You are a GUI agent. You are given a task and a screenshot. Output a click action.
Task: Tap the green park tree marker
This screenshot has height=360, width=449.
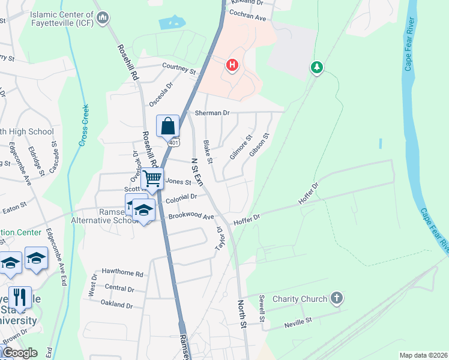click(x=316, y=67)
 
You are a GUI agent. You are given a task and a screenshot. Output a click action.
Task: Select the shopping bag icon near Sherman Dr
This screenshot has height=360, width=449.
click(x=168, y=126)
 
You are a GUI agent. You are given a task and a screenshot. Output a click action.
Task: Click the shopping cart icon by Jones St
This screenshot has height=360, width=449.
click(x=152, y=178)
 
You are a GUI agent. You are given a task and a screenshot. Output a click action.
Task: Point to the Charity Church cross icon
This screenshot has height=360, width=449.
click(x=337, y=298)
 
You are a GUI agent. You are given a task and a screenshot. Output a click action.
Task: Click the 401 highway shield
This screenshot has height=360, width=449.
click(x=173, y=143)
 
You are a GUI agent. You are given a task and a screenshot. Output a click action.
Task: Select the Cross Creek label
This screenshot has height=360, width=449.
click(x=83, y=127)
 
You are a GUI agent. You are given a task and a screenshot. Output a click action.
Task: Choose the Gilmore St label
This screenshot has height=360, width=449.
click(x=240, y=148)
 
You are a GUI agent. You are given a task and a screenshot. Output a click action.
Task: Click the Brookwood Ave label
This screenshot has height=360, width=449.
click(x=191, y=216)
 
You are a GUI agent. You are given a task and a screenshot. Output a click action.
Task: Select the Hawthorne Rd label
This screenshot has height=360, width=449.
click(x=122, y=274)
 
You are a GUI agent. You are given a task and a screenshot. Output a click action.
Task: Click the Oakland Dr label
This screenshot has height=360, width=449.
click(x=117, y=305)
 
